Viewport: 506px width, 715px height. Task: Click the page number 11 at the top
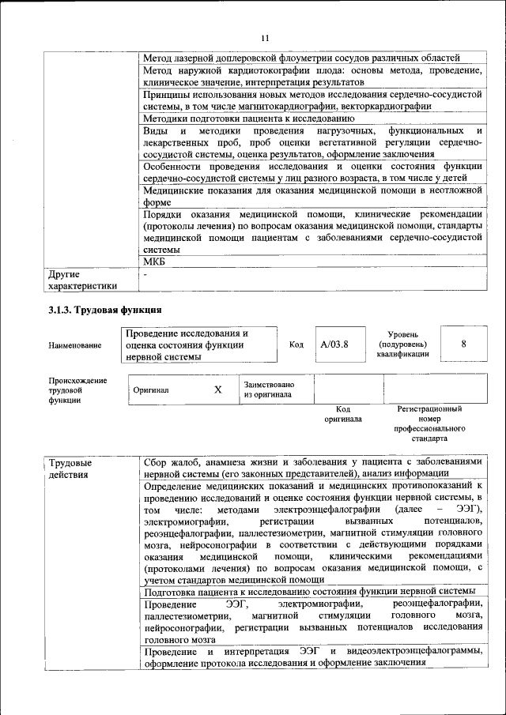click(265, 37)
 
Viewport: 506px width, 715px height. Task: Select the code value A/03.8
click(334, 344)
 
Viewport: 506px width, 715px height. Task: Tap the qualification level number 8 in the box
click(463, 344)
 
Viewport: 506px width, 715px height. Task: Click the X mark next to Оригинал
click(218, 389)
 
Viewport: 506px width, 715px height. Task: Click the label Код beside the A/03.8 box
click(296, 344)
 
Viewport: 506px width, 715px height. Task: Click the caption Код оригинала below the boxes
click(342, 414)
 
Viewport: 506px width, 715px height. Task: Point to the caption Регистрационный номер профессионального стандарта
click(429, 423)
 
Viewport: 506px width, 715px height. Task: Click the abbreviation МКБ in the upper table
click(154, 262)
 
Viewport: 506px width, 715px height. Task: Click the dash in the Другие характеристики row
click(145, 273)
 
